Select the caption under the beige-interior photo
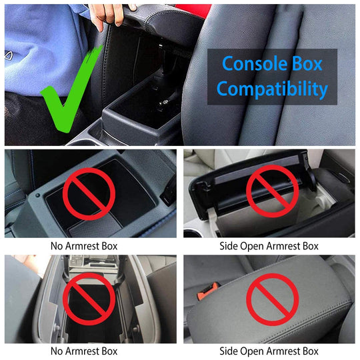click(269, 245)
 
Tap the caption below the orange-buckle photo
click(269, 351)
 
